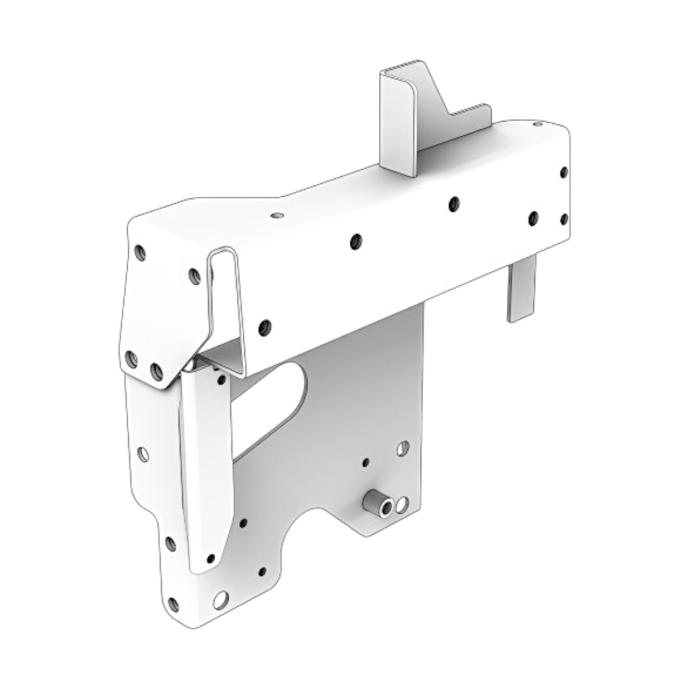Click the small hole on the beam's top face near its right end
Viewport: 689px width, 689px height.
[x=538, y=124]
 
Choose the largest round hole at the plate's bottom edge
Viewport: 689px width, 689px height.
[x=220, y=599]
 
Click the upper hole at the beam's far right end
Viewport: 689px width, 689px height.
[x=564, y=172]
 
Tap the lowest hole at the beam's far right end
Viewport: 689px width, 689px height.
[x=564, y=219]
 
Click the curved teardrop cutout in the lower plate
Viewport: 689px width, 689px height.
[x=281, y=401]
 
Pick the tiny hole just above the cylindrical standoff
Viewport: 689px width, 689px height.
[x=366, y=462]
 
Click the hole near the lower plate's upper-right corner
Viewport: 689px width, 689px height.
[x=403, y=448]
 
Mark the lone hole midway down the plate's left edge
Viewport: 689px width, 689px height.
[x=143, y=454]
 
